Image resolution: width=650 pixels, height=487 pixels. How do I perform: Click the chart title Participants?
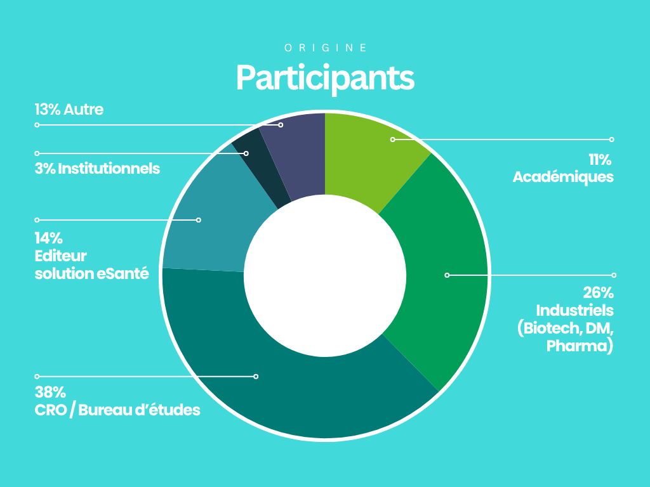[325, 78]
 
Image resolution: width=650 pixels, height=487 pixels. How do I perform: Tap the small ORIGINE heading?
[326, 48]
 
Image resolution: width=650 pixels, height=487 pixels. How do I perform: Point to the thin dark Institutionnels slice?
[259, 166]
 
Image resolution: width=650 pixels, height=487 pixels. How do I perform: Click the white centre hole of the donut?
[325, 275]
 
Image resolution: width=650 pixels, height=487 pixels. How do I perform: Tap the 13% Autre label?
[69, 110]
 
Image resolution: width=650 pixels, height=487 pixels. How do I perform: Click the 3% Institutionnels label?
[97, 169]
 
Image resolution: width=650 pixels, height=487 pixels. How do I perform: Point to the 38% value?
[50, 392]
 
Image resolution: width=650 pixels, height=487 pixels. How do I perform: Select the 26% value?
[598, 293]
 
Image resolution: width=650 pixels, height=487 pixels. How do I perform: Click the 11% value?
[600, 159]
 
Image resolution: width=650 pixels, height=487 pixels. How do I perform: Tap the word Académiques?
[563, 178]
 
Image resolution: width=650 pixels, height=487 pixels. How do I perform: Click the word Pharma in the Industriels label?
[576, 346]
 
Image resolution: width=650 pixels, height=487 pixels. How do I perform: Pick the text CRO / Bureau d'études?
[117, 410]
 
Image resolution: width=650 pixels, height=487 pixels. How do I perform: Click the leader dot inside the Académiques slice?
[392, 140]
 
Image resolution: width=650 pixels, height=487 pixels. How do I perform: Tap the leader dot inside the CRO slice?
[256, 377]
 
